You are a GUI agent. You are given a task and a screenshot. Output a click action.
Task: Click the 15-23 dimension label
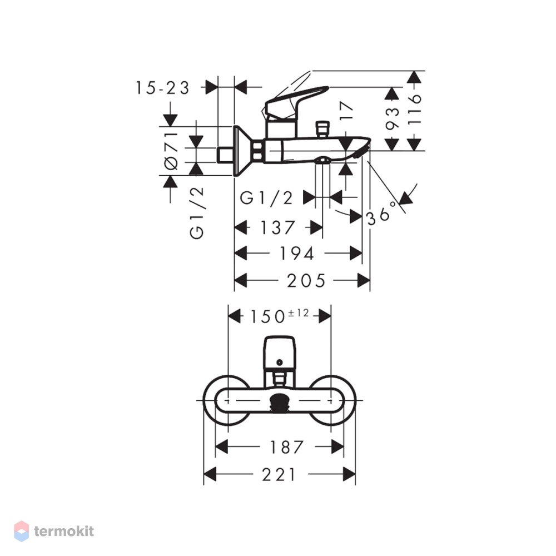163,88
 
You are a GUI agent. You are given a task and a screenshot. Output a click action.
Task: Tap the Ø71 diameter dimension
172,150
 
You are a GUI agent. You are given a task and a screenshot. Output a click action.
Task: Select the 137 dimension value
277,227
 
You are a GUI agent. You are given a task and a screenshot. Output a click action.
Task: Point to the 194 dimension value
297,254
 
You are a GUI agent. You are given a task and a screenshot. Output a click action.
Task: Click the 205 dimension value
306,281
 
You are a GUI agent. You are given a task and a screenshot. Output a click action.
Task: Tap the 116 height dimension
414,109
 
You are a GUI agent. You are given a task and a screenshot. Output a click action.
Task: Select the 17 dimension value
346,110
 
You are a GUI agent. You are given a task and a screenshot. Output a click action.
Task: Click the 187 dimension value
287,447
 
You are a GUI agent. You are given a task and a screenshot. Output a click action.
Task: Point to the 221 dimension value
279,475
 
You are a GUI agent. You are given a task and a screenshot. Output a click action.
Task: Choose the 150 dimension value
268,317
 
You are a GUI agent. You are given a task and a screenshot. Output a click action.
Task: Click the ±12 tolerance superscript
299,312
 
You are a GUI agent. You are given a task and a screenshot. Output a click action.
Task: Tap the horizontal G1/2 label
267,198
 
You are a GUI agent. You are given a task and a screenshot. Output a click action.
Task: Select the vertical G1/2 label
197,212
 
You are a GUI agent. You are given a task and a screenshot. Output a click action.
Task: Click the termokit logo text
64,531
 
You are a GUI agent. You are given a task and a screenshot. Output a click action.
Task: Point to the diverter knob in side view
322,130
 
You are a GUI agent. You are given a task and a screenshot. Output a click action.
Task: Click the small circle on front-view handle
280,363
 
